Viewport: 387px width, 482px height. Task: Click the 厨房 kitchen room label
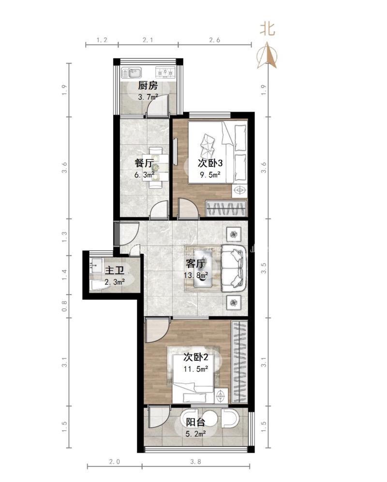148,85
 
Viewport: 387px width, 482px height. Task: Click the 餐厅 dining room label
144,163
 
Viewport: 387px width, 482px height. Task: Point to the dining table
159,167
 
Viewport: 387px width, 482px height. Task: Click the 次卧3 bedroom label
210,163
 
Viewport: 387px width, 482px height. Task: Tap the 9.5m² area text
210,175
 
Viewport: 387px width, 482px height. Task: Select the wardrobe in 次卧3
226,209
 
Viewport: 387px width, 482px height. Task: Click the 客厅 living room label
195,264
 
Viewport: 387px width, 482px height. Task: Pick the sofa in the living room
234,268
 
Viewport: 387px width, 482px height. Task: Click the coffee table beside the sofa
202,268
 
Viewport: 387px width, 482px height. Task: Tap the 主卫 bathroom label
115,270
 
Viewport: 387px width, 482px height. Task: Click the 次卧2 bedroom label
196,357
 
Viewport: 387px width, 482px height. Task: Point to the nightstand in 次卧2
221,395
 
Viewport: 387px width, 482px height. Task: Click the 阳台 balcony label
195,422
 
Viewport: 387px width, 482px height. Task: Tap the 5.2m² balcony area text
195,434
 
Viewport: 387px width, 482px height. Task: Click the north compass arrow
267,55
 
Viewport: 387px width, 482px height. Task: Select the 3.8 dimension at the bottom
195,461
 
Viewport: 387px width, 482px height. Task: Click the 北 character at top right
268,29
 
